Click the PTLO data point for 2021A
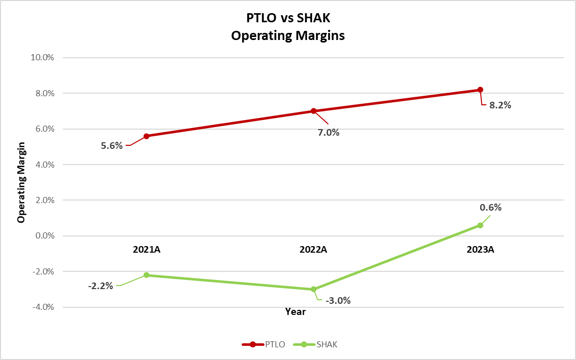146,136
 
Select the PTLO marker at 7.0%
314,111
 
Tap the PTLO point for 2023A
480,90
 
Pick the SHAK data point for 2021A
146,275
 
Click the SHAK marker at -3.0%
314,289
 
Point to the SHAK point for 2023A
480,225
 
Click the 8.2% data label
500,106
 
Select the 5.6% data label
112,146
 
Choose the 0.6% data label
490,207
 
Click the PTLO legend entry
263,344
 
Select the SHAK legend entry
316,344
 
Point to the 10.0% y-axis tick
43,57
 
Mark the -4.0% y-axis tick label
43,307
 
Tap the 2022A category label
314,249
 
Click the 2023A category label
480,249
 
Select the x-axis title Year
295,312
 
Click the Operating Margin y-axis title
21,182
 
